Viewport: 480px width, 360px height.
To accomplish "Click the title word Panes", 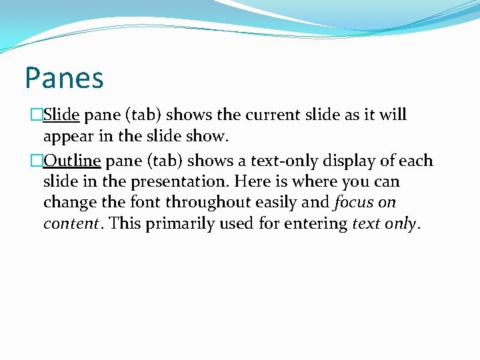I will pyautogui.click(x=64, y=77).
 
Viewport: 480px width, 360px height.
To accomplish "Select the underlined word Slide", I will pyautogui.click(x=61, y=115).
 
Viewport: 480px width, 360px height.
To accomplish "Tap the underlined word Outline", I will pyautogui.click(x=72, y=161).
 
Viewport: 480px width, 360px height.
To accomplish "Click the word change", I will pyautogui.click(x=68, y=202).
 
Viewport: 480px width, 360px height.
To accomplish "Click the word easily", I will pyautogui.click(x=277, y=202).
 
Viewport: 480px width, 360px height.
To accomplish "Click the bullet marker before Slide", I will pyautogui.click(x=37, y=115).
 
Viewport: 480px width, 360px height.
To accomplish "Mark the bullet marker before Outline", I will pyautogui.click(x=37, y=161).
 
